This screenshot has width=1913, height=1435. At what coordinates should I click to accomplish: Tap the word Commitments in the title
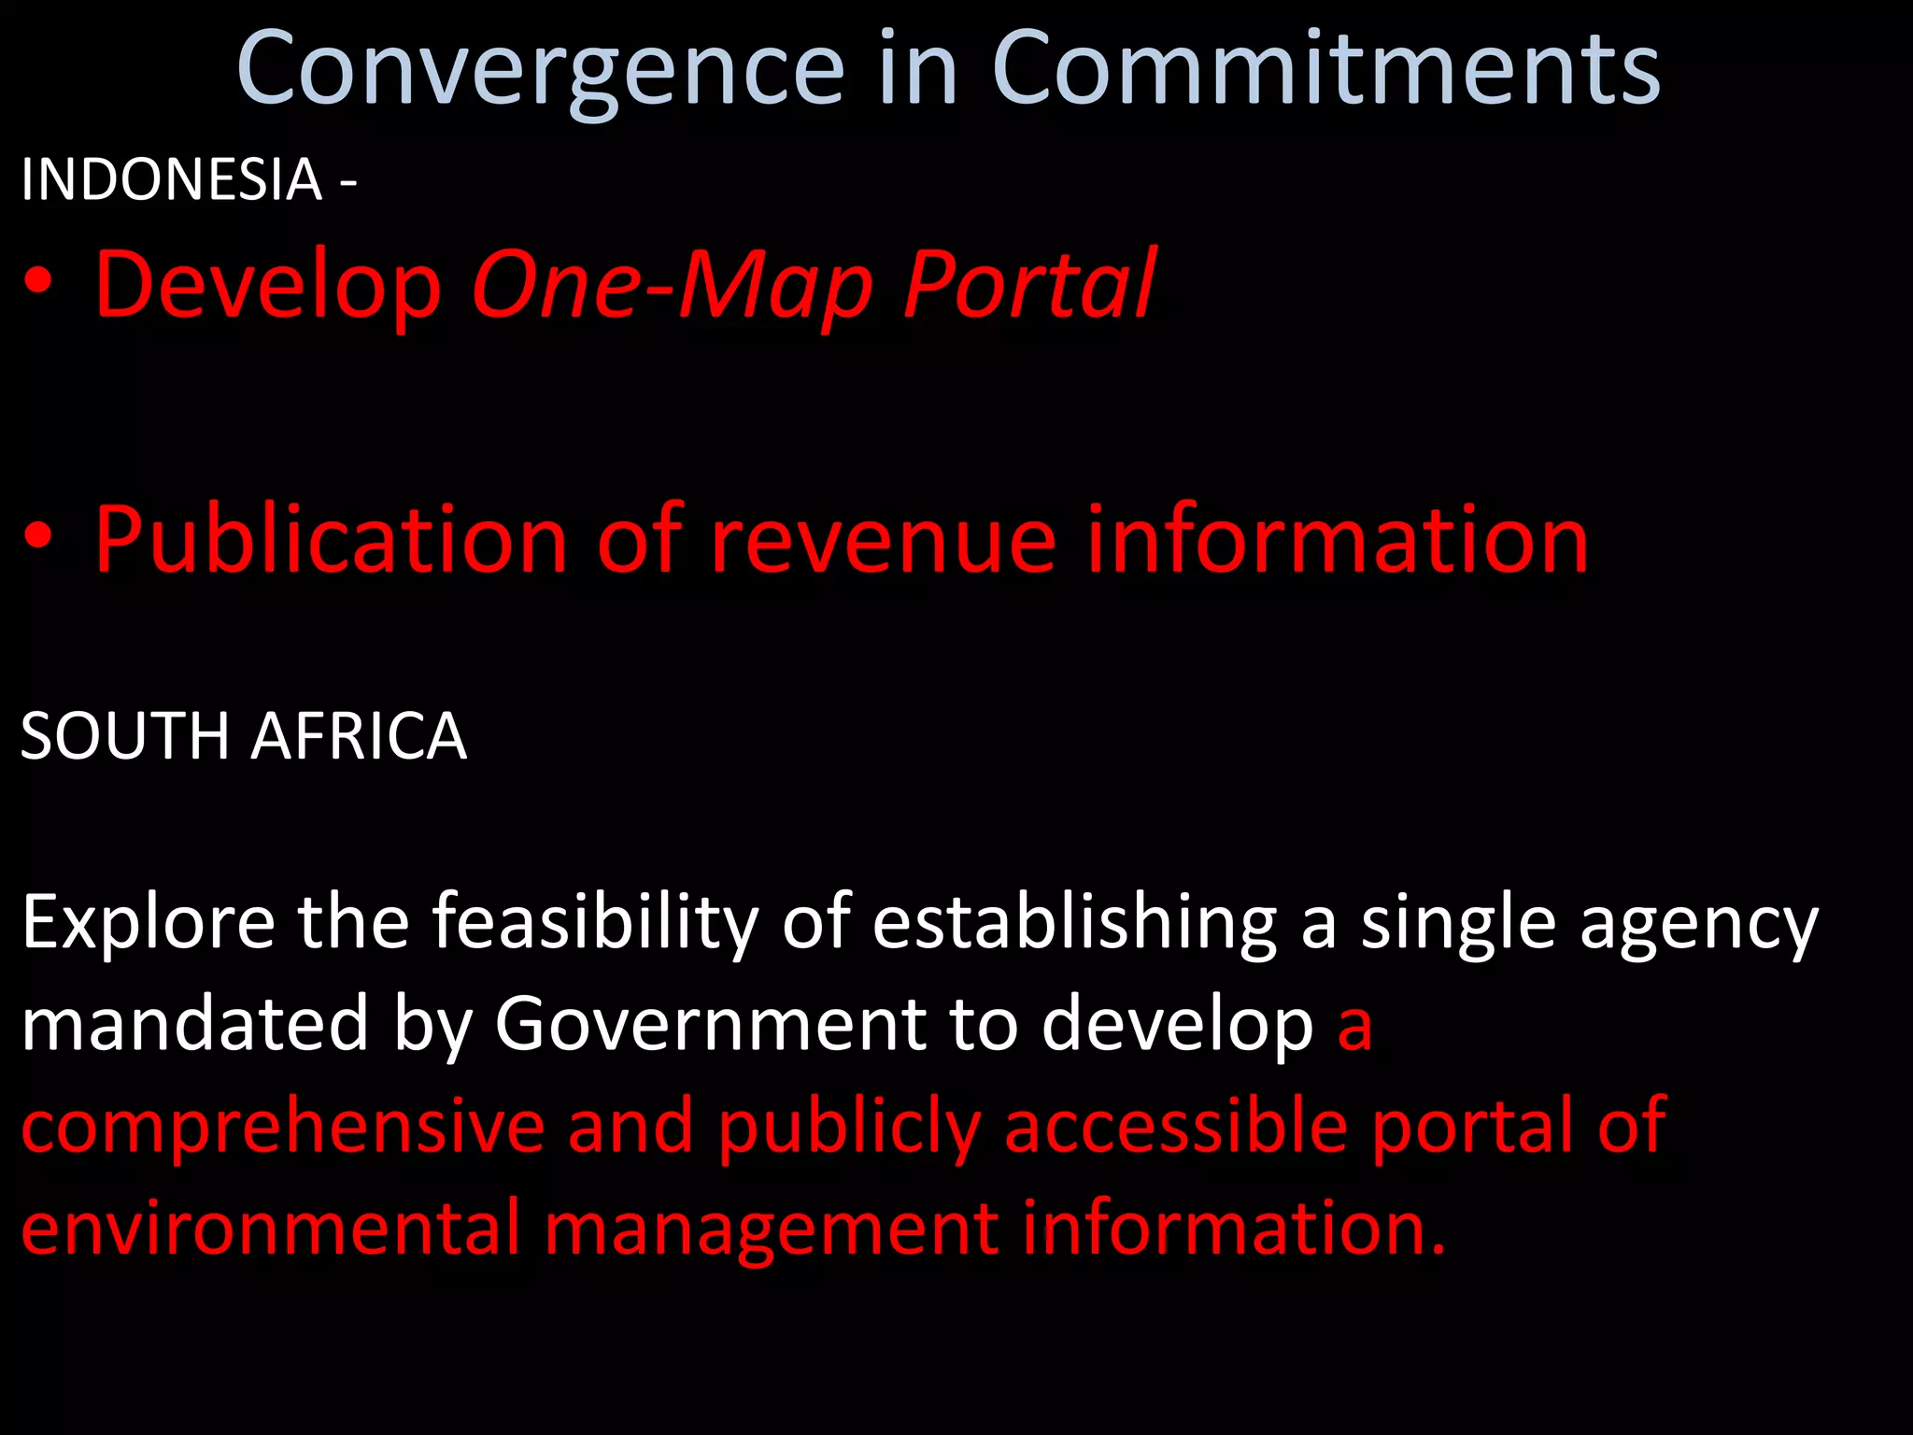(1325, 70)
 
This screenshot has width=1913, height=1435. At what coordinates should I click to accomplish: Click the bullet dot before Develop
(38, 284)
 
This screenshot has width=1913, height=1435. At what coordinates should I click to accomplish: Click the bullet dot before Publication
(38, 539)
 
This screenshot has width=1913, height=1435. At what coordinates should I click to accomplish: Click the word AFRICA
(359, 736)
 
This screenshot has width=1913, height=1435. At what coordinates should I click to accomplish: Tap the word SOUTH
(125, 736)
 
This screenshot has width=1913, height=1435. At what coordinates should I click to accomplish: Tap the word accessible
(1176, 1126)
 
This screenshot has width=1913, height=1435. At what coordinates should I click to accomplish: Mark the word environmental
(271, 1228)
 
